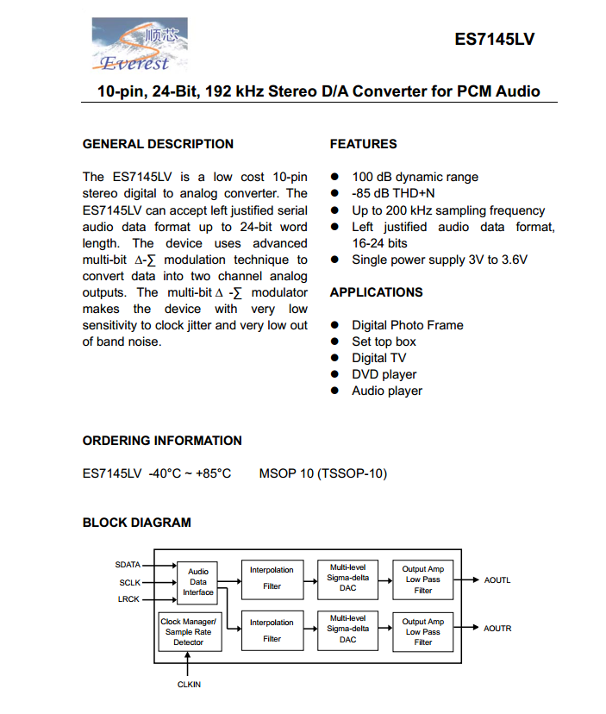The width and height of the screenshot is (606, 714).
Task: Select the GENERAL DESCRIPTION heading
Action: (158, 144)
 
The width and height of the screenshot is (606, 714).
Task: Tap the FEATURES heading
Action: (363, 144)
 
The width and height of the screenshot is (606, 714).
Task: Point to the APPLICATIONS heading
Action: (376, 292)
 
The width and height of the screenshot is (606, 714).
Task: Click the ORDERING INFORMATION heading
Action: (162, 441)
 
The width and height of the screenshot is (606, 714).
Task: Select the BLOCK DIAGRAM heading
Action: (136, 523)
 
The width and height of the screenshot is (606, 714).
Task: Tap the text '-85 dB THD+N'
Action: (393, 194)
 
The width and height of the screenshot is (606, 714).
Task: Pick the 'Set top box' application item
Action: (384, 341)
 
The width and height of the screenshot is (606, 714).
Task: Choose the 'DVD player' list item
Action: (384, 374)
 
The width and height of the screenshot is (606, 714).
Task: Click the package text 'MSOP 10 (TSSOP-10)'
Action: (323, 473)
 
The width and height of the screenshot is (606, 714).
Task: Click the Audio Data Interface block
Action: (198, 582)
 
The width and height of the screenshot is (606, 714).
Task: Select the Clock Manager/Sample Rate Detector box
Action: (189, 632)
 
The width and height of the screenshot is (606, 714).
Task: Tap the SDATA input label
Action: (128, 565)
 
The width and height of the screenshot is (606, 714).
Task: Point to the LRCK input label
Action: (128, 599)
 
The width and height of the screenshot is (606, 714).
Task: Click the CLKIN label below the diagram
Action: (189, 684)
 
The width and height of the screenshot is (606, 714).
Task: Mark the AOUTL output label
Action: (497, 580)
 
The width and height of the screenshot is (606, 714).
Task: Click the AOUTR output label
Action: (497, 629)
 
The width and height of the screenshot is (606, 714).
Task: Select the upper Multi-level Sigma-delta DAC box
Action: (347, 578)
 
